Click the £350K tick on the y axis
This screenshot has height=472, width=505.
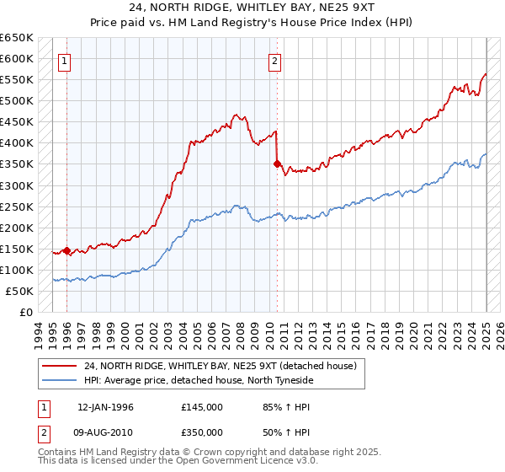[x=16, y=164]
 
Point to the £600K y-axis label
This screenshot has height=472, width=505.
[x=16, y=59]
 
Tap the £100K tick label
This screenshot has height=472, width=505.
[x=16, y=270]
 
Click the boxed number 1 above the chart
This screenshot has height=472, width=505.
[x=65, y=60]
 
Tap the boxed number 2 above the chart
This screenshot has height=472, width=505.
[x=275, y=60]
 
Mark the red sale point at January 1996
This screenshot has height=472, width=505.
[x=66, y=250]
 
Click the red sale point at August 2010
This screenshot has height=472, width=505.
[x=276, y=164]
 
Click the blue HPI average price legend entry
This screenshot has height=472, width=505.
[x=199, y=380]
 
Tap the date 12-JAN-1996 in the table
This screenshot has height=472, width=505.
[x=105, y=407]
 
